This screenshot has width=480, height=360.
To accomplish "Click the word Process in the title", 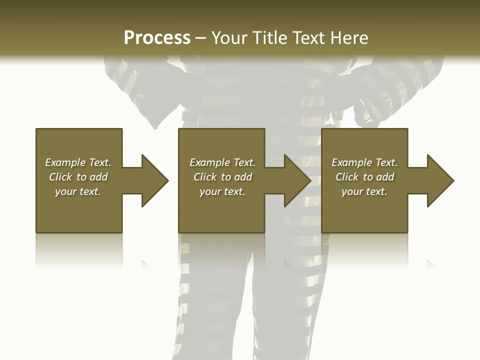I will coord(157,38).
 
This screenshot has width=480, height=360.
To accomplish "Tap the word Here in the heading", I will coord(349,38).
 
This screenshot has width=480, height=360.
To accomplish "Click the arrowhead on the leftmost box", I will coord(152,180).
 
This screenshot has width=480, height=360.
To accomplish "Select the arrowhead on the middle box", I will coord(295,180).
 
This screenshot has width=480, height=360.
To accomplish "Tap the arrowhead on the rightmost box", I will coord(438,180).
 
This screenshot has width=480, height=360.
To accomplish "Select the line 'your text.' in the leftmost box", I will coord(78,191).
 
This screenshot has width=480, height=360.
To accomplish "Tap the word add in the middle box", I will coord(243,177).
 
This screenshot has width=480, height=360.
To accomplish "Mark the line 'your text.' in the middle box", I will coord(222,191).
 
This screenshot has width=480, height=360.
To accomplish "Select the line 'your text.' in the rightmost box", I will coord(364,191).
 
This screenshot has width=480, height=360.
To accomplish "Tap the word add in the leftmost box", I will coord(98,177).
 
